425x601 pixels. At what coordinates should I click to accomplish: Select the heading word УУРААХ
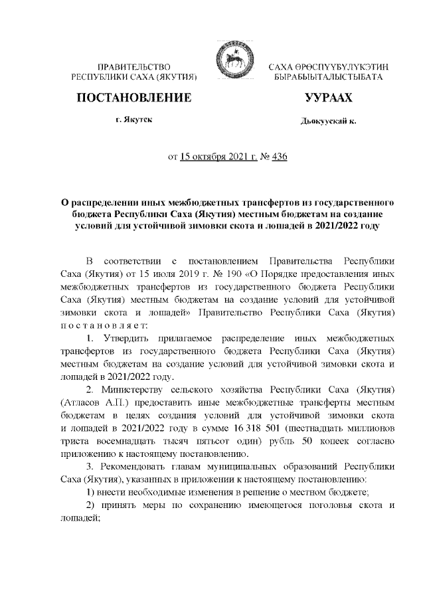tap(328, 98)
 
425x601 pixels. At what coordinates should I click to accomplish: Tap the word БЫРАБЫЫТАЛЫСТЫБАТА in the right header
tap(327, 78)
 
